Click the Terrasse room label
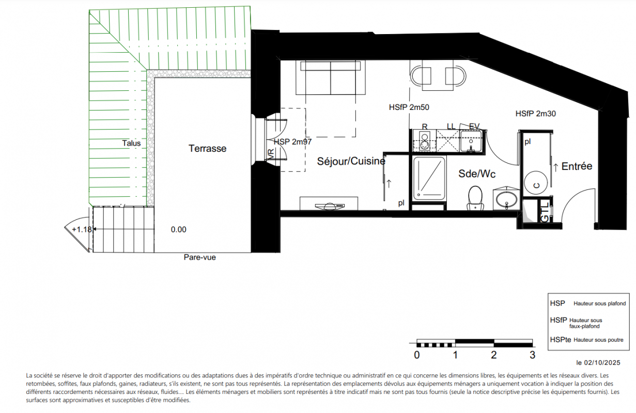click(208, 148)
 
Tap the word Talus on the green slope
click(131, 143)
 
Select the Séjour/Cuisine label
click(351, 161)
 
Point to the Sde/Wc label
click(477, 173)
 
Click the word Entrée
click(577, 166)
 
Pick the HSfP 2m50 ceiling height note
click(409, 107)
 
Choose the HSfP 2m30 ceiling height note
click(536, 114)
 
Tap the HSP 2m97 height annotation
click(293, 141)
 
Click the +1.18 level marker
click(82, 229)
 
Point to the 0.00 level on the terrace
click(179, 230)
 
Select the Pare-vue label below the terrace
click(200, 257)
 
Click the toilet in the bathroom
click(475, 198)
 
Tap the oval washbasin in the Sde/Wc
click(506, 199)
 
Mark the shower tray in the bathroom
click(429, 179)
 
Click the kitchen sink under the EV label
click(471, 141)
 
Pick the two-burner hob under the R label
click(425, 141)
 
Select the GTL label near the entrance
click(545, 212)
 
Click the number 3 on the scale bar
click(532, 355)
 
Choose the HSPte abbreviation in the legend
click(561, 340)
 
